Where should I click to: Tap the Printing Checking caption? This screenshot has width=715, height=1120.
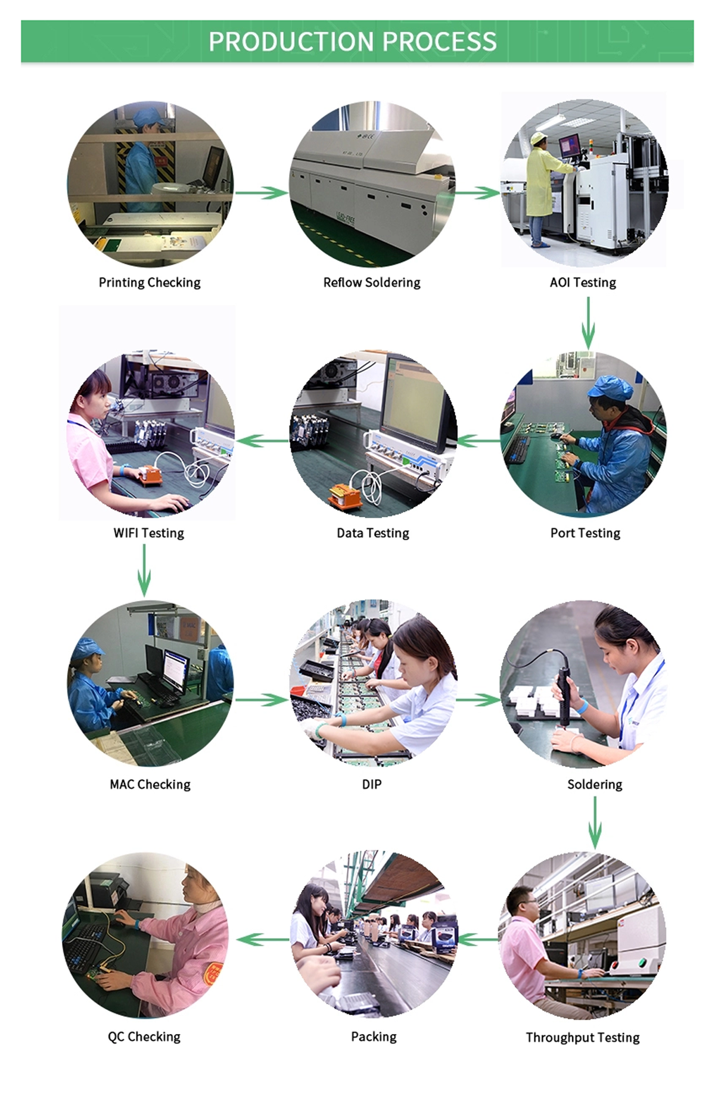pos(150,282)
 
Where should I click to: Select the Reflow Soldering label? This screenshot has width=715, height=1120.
pos(372,282)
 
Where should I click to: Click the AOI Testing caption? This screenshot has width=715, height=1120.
pos(583,282)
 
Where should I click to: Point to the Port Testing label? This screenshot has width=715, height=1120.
pos(585,533)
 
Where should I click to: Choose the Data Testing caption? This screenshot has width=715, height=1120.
pos(373,533)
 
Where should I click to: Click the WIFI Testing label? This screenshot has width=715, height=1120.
pos(149,533)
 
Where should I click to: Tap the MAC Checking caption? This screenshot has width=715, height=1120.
pos(150,785)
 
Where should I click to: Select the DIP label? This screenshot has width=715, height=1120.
pos(372,785)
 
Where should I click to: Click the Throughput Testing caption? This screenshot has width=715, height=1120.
pos(583,1038)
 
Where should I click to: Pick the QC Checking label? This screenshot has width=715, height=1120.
pos(144,1037)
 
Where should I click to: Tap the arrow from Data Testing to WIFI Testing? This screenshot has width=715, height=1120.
pos(263,441)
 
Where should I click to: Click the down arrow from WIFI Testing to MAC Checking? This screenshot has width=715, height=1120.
pos(144,571)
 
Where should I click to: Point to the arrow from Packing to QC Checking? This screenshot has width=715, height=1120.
pos(263,939)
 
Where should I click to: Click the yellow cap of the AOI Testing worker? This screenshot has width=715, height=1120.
pos(539,138)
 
